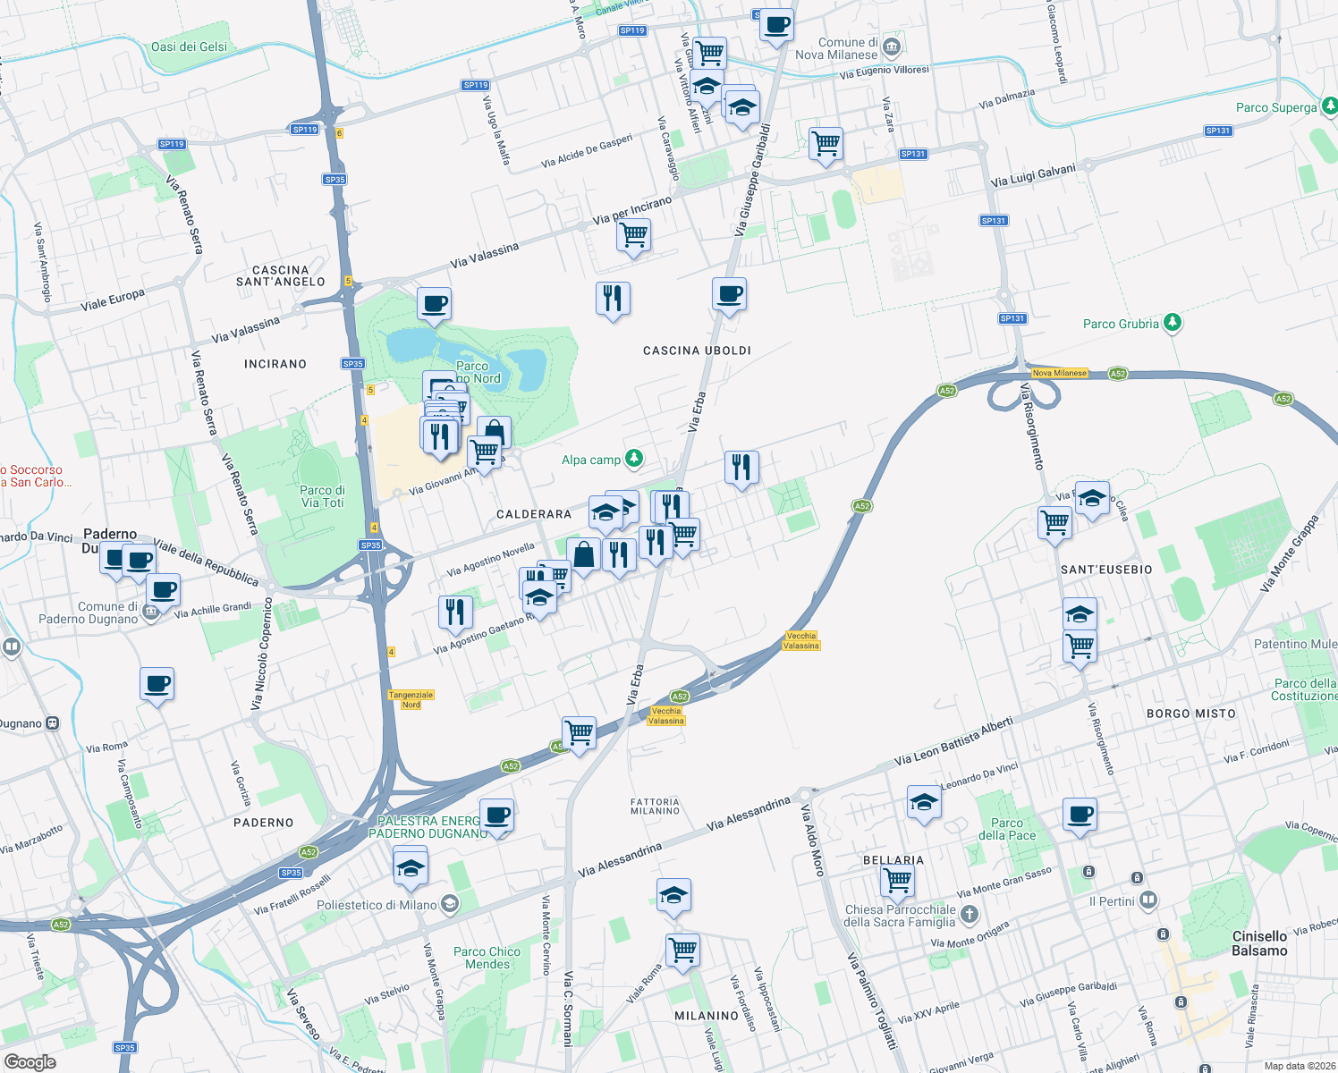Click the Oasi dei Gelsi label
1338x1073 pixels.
[x=189, y=46]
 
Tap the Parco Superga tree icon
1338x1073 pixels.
[x=1329, y=106]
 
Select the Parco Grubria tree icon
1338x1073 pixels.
[x=1172, y=323]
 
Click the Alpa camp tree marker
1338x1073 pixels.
[x=634, y=459]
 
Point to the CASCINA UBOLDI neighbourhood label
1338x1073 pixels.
[x=697, y=351]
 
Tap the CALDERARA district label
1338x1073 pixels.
[x=533, y=514]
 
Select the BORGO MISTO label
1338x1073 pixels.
[x=1190, y=714]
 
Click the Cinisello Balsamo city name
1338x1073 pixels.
[x=1259, y=943]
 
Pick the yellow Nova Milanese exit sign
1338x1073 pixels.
[x=1059, y=373]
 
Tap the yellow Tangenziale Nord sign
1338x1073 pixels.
[x=411, y=699]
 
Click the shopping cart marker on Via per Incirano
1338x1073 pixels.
[x=633, y=235]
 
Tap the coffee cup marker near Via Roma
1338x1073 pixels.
[x=157, y=684]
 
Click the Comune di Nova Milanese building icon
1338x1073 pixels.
[x=891, y=47]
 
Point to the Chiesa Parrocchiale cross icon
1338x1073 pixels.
[x=970, y=914]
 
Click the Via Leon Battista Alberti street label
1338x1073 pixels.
[x=953, y=741]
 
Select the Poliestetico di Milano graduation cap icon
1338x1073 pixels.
[x=450, y=904]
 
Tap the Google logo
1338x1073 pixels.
[x=30, y=1061]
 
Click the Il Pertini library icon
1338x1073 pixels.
[x=1148, y=900]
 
